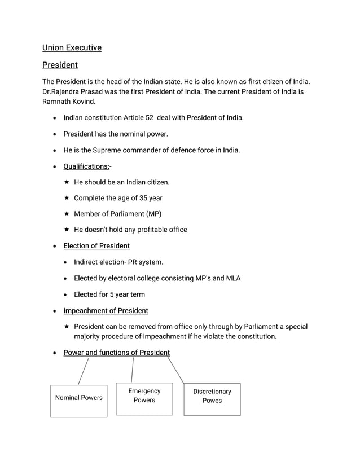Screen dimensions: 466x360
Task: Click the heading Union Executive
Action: [x=72, y=47]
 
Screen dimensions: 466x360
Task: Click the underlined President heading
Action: [x=60, y=65]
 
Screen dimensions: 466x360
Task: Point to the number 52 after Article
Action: [x=150, y=118]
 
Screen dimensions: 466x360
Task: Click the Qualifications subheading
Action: [x=86, y=166]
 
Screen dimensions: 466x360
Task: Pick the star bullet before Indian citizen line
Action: [x=67, y=182]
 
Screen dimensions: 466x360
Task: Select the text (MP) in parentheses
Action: [x=153, y=214]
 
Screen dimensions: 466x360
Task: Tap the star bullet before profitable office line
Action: [x=67, y=230]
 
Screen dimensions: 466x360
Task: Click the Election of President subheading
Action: [x=96, y=246]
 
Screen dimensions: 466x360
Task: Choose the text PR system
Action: [x=148, y=262]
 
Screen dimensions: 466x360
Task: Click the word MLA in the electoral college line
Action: [x=233, y=278]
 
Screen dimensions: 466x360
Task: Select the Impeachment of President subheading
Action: [x=106, y=311]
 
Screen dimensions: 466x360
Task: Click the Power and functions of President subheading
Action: [x=116, y=353]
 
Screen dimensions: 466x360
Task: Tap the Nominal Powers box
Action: [x=78, y=401]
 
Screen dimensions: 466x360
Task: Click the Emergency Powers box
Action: [x=144, y=398]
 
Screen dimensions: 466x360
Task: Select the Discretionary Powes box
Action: [x=212, y=399]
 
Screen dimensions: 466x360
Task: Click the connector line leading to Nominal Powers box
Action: [x=83, y=372]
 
